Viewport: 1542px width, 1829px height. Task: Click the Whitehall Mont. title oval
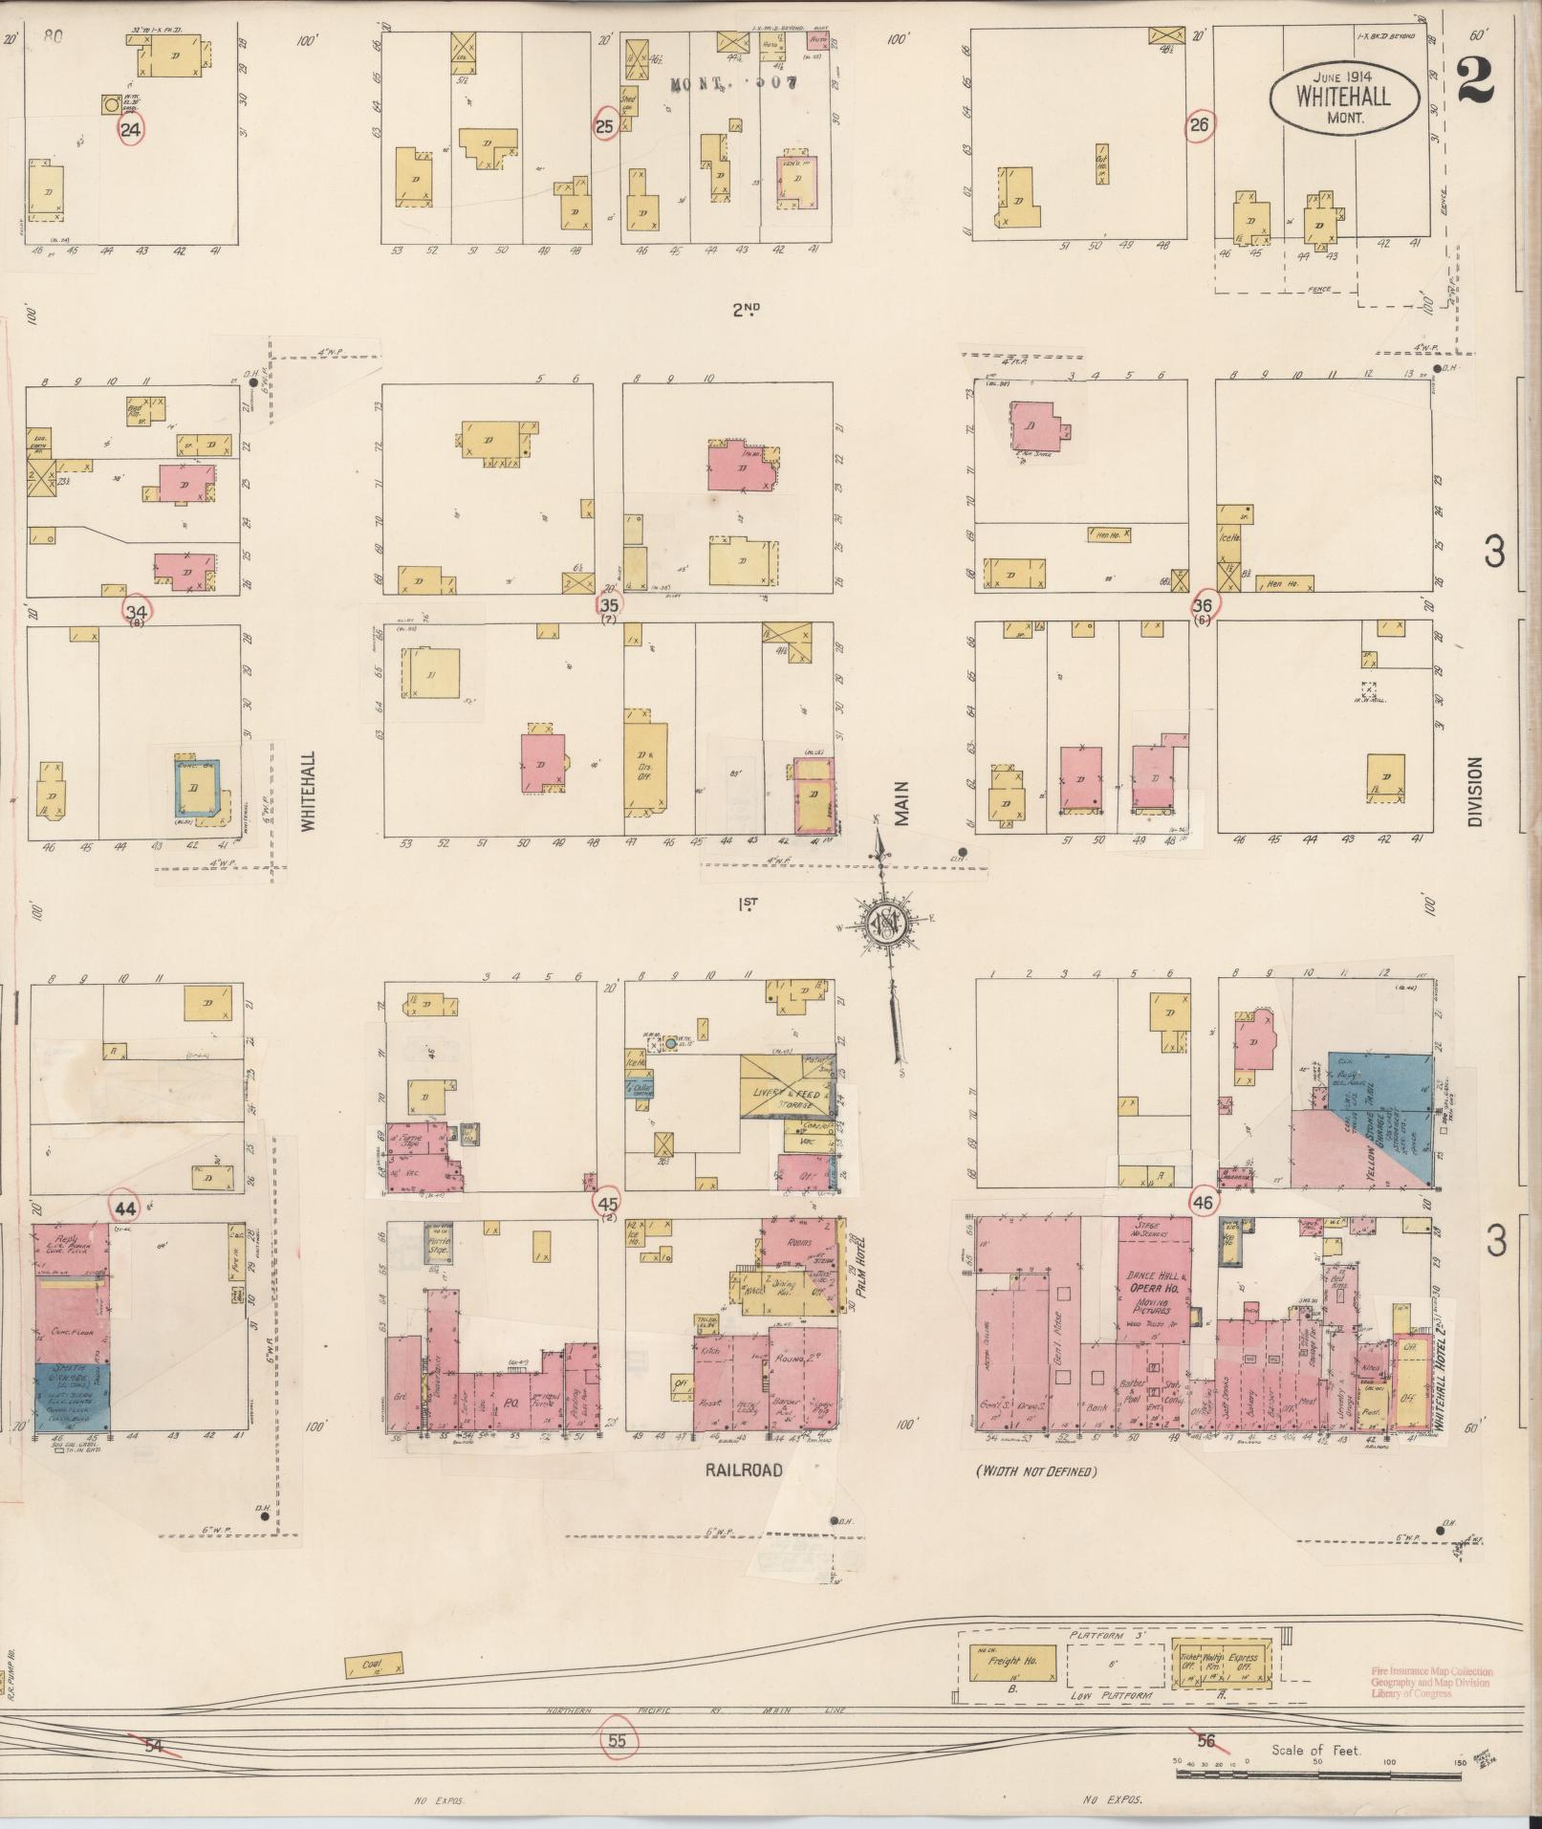click(x=1343, y=95)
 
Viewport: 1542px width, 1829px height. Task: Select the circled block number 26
click(x=1200, y=124)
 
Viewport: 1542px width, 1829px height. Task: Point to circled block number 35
click(x=608, y=604)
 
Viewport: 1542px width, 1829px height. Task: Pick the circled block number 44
click(x=126, y=1208)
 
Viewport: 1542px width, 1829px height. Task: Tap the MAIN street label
click(x=901, y=803)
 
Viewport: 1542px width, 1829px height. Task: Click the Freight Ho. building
click(x=1012, y=1663)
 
